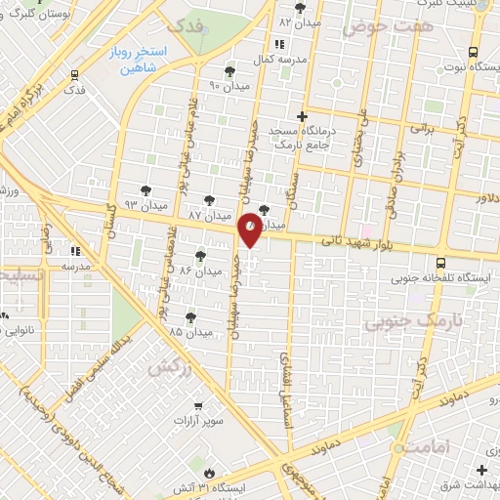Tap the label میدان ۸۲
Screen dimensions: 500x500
(x=300, y=21)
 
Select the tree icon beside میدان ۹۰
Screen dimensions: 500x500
(x=229, y=71)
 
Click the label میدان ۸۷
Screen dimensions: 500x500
(x=208, y=215)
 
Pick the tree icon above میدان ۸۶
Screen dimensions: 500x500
(x=200, y=256)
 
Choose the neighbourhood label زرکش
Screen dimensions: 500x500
(x=167, y=369)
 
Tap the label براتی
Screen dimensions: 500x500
(x=420, y=127)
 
